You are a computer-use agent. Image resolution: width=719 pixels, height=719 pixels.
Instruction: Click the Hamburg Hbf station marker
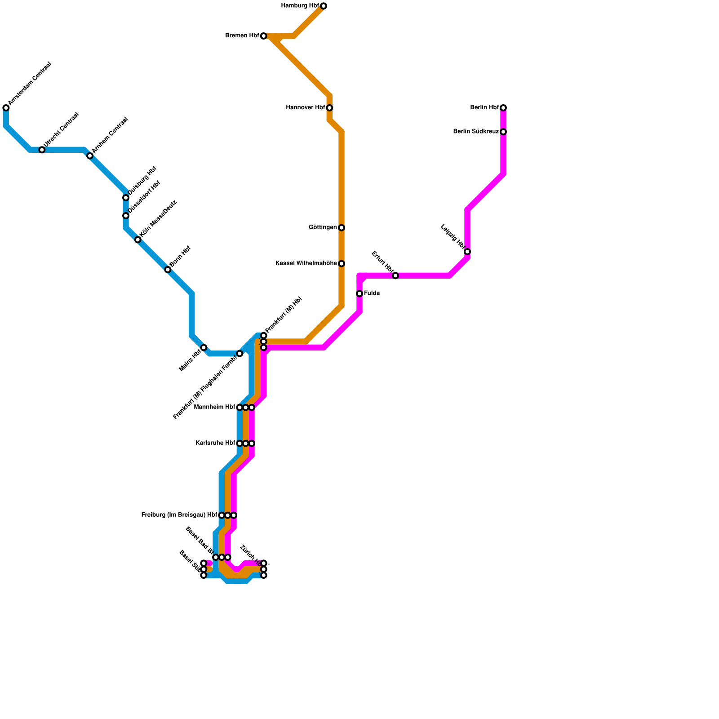point(324,6)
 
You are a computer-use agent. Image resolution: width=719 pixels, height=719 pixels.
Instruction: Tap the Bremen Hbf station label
point(242,36)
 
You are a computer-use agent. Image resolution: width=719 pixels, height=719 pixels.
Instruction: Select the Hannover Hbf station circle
point(329,108)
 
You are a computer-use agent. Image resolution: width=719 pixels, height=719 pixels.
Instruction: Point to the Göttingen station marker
point(342,228)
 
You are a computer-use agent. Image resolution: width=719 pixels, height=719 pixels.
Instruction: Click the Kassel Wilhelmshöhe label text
point(306,263)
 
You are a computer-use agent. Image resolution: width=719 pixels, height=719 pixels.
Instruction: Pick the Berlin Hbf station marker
point(503,108)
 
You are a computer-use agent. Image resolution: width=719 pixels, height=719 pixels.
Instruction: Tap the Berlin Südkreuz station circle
point(503,132)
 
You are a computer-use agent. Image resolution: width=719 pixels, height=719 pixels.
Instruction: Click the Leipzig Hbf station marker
point(467,252)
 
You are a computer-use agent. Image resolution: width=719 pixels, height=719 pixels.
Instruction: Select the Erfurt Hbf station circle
point(395,275)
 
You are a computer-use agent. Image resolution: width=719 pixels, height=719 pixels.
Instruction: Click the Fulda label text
point(372,293)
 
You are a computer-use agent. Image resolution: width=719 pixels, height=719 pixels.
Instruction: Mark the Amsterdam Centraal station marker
point(6,108)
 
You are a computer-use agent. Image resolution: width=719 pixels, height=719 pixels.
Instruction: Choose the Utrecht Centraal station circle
point(42,150)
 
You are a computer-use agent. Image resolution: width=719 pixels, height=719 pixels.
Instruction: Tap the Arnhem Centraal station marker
point(90,156)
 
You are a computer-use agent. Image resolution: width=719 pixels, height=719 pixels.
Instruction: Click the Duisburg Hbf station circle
point(126,198)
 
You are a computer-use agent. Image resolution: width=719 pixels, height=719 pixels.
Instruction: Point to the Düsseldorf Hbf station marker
point(126,216)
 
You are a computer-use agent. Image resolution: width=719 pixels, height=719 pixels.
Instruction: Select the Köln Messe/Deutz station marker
point(138,240)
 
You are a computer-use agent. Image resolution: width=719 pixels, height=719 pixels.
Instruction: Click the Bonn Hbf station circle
point(168,270)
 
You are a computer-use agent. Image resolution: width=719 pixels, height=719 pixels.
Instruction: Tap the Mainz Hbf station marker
point(204,347)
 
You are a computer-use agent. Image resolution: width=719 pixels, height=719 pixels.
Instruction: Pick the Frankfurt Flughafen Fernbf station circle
point(240,354)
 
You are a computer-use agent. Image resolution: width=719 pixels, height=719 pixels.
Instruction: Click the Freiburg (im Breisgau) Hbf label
point(179,515)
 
